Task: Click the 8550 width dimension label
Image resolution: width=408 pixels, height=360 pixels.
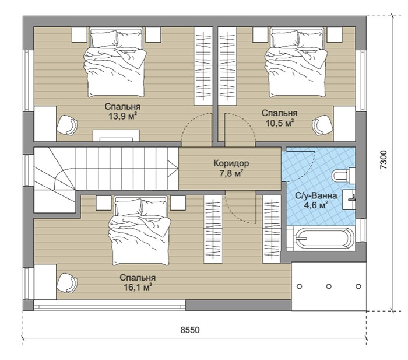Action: pos(190,330)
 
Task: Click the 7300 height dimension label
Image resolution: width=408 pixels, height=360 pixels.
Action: pos(384,160)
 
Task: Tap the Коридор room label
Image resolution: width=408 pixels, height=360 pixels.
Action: pos(231,163)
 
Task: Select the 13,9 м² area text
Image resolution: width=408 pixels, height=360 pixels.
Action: pos(123,116)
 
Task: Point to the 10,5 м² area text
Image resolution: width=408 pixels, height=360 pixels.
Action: pos(280,123)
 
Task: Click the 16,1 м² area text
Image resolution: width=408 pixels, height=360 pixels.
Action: pos(138,287)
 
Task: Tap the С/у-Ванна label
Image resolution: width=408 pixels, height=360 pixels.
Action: pos(316,195)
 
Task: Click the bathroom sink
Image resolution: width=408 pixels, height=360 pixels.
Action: pos(349,200)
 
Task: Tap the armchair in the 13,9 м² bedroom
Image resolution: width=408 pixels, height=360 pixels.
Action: pos(67,125)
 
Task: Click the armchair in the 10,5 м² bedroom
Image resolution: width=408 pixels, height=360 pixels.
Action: pos(323,125)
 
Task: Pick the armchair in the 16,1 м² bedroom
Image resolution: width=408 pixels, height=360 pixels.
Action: pos(67,283)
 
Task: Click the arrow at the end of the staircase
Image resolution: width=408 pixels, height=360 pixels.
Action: pos(173,169)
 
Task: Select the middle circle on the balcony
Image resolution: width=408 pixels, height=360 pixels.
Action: pos(329,286)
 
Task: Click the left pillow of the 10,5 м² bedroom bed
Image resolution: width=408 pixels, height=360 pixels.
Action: pos(284,39)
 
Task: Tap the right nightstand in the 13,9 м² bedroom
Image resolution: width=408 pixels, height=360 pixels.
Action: pos(153,34)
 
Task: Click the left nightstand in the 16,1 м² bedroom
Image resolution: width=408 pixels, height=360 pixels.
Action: pos(104,203)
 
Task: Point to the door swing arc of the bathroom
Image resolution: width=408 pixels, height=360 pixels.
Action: pos(306,170)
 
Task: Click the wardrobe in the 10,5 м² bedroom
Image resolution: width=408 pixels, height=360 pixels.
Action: pos(227,66)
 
